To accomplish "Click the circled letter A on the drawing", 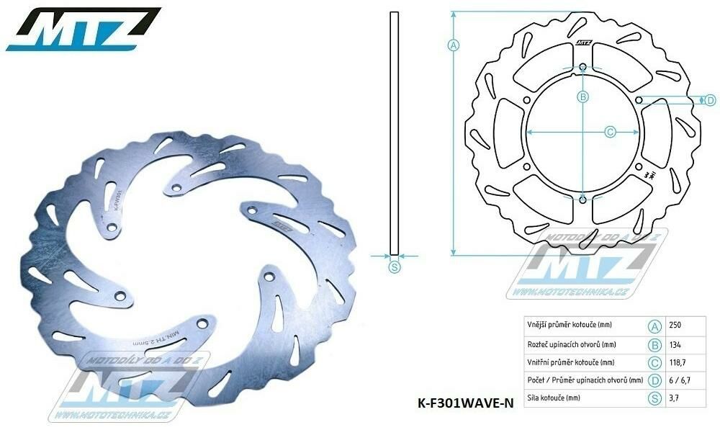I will coord(454,45).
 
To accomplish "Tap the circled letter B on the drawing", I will coord(583,97).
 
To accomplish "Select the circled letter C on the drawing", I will coord(610,132).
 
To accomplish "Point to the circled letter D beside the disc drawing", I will coord(709,99).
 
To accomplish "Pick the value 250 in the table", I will coord(676,326).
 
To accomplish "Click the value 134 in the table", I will coord(676,344).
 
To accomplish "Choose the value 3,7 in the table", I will coord(675,398).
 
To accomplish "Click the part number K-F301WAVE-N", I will coord(465,403).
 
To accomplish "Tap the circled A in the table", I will coord(655,326).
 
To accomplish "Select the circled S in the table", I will coord(655,398).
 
